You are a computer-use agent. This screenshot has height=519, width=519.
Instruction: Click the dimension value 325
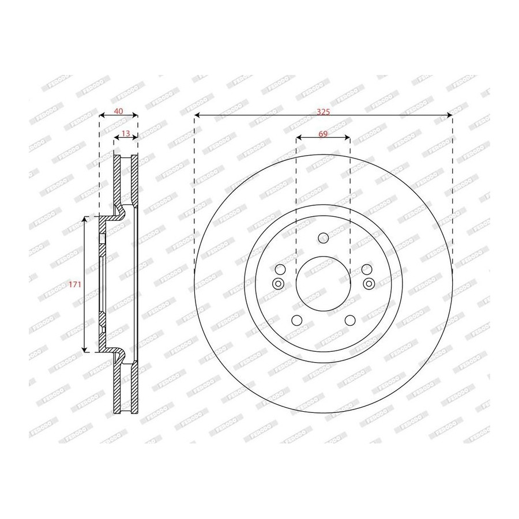pos(323,112)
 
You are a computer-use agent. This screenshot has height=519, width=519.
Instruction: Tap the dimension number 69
pos(323,134)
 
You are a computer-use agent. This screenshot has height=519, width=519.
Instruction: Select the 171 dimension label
pos(75,284)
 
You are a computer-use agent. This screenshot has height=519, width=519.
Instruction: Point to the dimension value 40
pos(118,111)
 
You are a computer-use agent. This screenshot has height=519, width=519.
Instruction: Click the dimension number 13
pos(126,133)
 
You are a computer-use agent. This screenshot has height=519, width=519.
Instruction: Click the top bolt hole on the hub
pos(323,238)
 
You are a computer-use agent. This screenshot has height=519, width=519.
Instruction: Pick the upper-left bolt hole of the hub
pos(280,269)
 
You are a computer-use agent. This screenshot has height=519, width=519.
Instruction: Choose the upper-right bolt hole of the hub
pos(367,269)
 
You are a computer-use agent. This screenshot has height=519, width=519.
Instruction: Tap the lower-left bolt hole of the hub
pos(296,321)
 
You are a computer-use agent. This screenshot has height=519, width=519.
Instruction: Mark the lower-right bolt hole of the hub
pos(350,321)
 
